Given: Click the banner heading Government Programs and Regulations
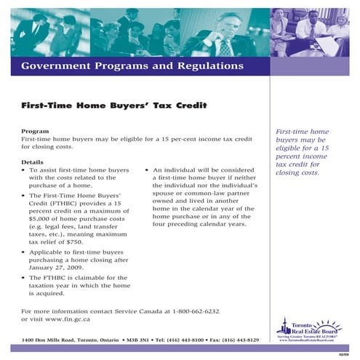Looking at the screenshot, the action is pos(132,66).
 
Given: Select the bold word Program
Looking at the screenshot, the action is pos(36,131).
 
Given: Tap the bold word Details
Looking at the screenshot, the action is pos(33,161).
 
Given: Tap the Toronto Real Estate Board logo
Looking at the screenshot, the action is pos(309,332).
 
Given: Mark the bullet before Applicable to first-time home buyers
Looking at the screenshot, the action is pos(24,251).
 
